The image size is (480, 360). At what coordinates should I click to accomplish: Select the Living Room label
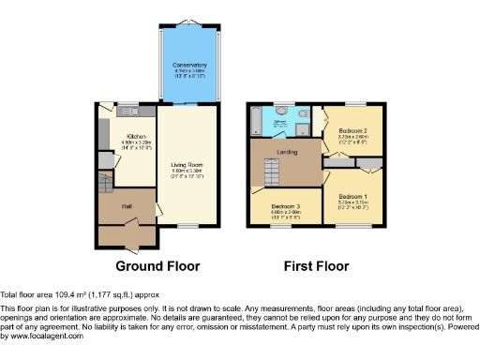pos(187,165)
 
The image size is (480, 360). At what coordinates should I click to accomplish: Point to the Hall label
pos(125,206)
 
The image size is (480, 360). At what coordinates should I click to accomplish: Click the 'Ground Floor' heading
pos(157,266)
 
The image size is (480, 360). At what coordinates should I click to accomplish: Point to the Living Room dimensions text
pos(187,172)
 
